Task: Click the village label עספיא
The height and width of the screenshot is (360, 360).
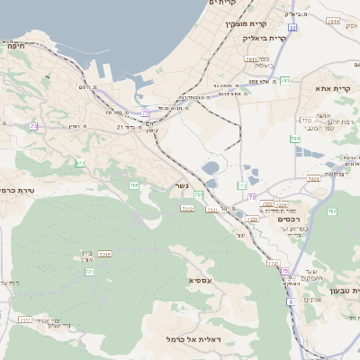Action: pyautogui.click(x=201, y=281)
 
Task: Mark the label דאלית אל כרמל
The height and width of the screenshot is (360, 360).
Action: pyautogui.click(x=193, y=338)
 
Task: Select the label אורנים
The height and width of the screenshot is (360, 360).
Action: pyautogui.click(x=313, y=300)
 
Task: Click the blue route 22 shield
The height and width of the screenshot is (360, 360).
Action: pyautogui.click(x=292, y=29)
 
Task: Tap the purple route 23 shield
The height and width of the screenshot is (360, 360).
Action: pyautogui.click(x=33, y=126)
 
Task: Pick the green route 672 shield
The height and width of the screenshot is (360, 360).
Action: pyautogui.click(x=80, y=163)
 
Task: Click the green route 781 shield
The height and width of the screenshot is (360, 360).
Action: pyautogui.click(x=284, y=81)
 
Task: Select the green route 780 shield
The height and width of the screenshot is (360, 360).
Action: pyautogui.click(x=294, y=139)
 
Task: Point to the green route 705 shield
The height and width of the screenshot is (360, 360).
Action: pyautogui.click(x=134, y=185)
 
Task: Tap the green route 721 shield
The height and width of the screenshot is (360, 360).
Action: pyautogui.click(x=89, y=271)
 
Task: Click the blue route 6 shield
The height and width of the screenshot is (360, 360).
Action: pyautogui.click(x=292, y=301)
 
